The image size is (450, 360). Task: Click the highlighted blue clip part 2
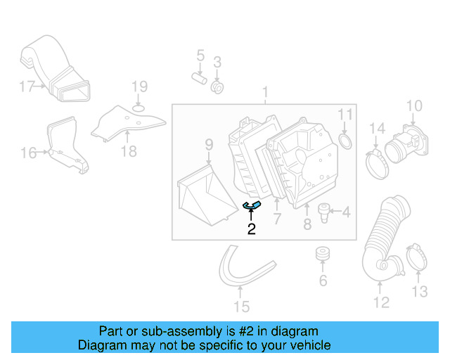click(x=252, y=205)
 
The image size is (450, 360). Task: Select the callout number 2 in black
click(x=251, y=229)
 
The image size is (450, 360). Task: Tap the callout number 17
click(x=27, y=86)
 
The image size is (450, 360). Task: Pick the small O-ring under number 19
click(x=139, y=108)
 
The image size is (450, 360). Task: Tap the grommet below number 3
click(x=218, y=87)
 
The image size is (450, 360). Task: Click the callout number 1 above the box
click(x=265, y=92)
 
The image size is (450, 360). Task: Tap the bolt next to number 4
click(x=325, y=212)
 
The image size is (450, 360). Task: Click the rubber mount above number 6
click(x=323, y=254)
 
